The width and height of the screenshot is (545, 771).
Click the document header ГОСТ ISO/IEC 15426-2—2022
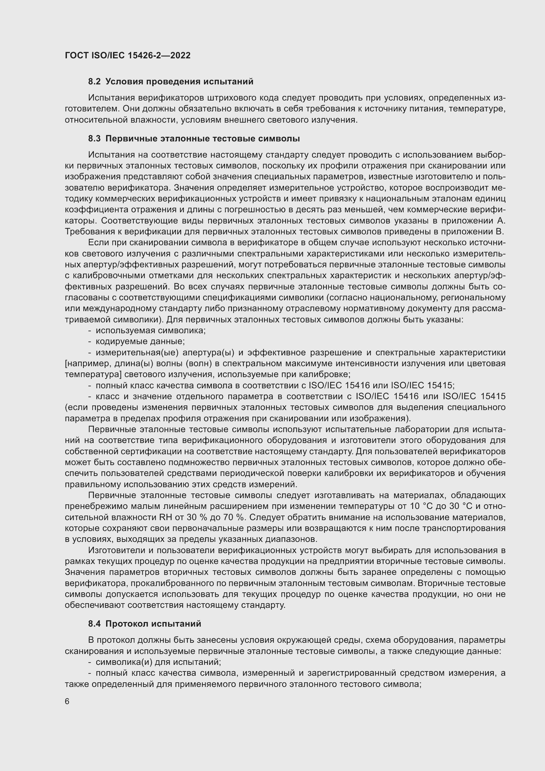[128, 55]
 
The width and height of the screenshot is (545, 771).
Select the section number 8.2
[94, 82]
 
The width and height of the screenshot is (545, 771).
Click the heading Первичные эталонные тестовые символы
[202, 139]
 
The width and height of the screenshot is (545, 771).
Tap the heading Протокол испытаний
[153, 624]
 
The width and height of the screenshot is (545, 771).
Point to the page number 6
[67, 701]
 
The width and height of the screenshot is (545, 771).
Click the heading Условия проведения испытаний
[179, 82]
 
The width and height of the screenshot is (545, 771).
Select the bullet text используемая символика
[150, 330]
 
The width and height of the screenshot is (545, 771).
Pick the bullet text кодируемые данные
[140, 341]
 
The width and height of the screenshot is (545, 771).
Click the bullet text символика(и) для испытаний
[158, 662]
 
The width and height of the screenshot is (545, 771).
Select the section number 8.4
[94, 624]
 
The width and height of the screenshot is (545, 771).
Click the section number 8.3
[94, 139]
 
